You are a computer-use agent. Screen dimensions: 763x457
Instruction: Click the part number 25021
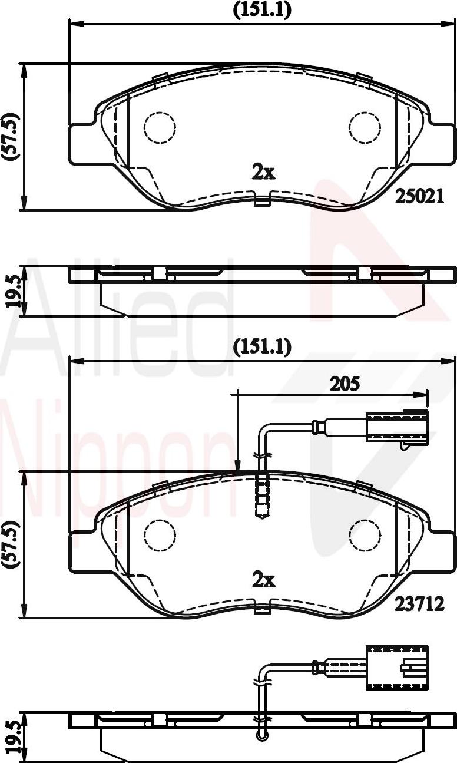419,196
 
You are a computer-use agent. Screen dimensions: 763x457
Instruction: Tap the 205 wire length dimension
345,384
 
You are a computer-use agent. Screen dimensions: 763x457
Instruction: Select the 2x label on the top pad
263,173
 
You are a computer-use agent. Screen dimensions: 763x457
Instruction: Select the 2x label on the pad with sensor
263,580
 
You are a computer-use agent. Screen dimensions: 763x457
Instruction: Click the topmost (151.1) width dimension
262,9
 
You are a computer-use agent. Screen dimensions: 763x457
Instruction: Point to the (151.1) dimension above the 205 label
262,347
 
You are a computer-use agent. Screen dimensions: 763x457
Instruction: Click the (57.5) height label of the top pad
10,136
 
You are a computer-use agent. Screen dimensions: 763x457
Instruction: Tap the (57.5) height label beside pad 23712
10,544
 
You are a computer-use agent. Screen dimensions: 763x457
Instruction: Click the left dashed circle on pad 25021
160,127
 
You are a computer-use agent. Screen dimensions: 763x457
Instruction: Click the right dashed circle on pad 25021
365,127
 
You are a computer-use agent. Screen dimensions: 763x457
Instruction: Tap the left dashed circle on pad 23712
160,535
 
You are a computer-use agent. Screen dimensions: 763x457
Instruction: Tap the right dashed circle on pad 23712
365,535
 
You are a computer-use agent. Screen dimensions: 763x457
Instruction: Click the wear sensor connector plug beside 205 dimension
396,427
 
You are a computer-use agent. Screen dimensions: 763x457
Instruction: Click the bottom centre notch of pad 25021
263,201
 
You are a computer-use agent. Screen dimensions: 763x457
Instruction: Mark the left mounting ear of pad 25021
83,144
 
